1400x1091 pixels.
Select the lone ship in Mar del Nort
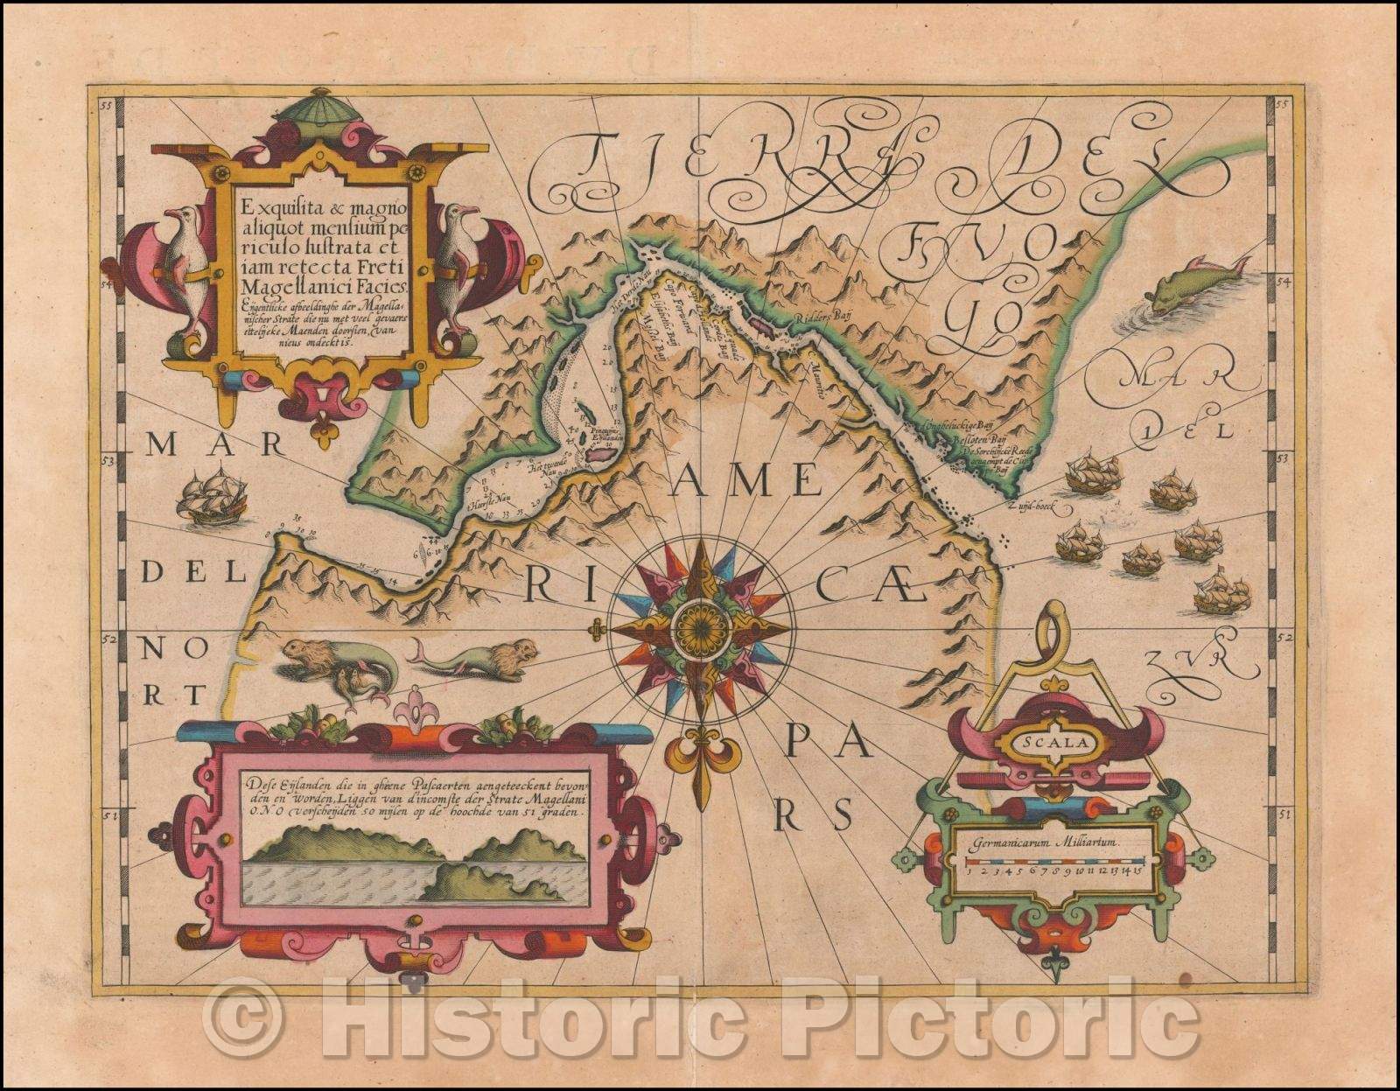[x=211, y=496]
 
